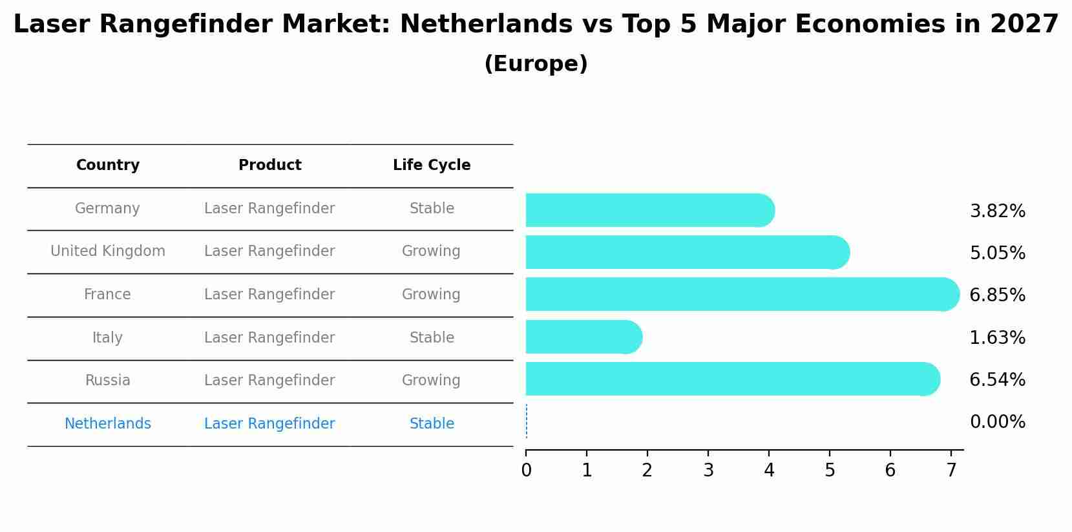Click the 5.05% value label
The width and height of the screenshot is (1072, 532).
pyautogui.click(x=997, y=253)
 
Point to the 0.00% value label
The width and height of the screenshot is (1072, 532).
pyautogui.click(x=997, y=422)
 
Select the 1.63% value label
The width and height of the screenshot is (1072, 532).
pyautogui.click(x=997, y=337)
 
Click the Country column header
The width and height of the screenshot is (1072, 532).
pyautogui.click(x=108, y=165)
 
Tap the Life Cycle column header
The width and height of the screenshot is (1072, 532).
pyautogui.click(x=432, y=165)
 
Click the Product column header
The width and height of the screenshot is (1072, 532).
pyautogui.click(x=269, y=165)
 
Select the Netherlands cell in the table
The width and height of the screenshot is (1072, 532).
pyautogui.click(x=108, y=424)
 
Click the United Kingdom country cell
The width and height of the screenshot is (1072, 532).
pyautogui.click(x=108, y=251)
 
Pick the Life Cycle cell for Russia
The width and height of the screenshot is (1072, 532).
pyautogui.click(x=431, y=381)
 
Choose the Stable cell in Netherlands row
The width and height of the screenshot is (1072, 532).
pyautogui.click(x=432, y=424)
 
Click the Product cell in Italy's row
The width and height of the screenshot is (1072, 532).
pyautogui.click(x=269, y=338)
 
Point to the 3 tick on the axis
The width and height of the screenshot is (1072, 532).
pyautogui.click(x=708, y=471)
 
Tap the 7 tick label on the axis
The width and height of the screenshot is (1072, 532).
pyautogui.click(x=951, y=471)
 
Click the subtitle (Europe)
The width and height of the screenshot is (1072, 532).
pyautogui.click(x=536, y=64)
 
